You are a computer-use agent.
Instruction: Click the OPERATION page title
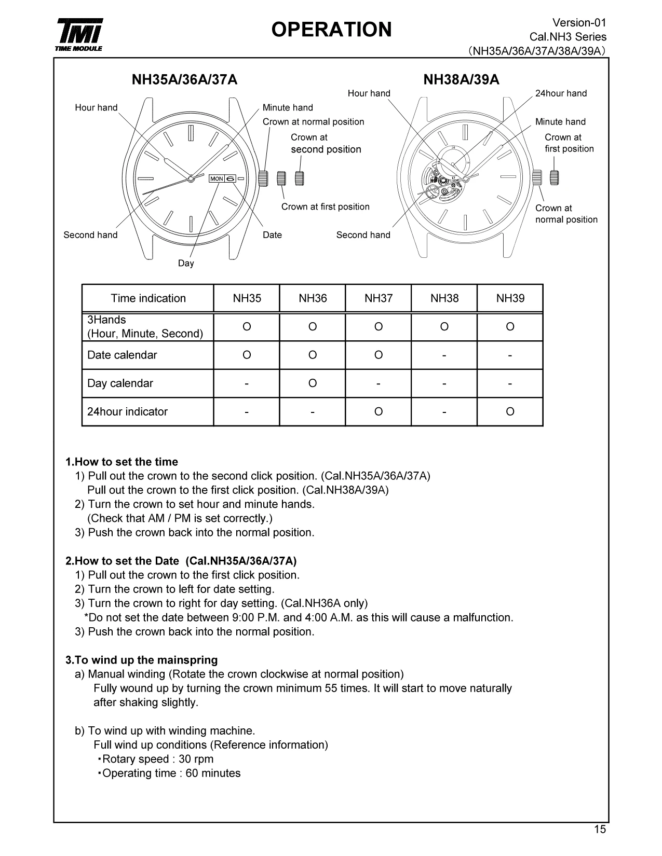[331, 30]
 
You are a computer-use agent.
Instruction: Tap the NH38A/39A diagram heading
[461, 79]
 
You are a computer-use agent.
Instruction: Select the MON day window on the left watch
[217, 179]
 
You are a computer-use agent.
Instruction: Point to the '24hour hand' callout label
[561, 93]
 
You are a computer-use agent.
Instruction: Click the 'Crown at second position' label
[326, 144]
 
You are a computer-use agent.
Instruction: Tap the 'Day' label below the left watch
[186, 263]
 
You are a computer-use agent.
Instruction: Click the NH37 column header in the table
[379, 298]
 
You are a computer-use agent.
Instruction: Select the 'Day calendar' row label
[120, 383]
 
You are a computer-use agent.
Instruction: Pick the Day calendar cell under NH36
[313, 383]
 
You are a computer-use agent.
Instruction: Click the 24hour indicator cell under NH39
[510, 411]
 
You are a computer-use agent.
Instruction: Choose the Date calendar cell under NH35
[247, 355]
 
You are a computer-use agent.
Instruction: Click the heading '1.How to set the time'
[121, 462]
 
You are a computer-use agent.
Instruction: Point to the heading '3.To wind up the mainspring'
[141, 660]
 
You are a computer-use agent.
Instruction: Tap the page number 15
[600, 829]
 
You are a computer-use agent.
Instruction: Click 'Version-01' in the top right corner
[579, 22]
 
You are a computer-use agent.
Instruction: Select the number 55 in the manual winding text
[331, 688]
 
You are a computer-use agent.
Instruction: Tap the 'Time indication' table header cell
[148, 298]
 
